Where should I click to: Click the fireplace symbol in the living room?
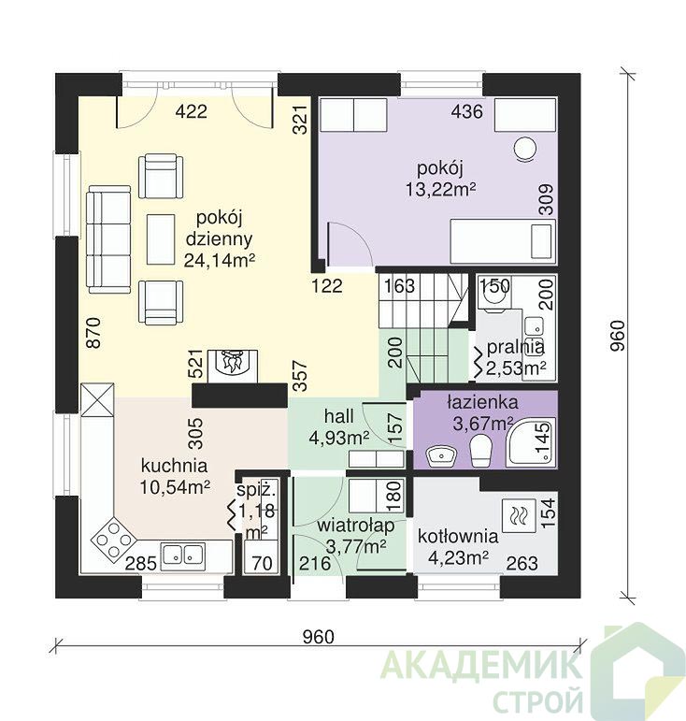click(233, 366)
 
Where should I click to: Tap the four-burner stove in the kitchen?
click(114, 539)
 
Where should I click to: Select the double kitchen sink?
click(182, 554)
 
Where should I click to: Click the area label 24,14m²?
click(220, 260)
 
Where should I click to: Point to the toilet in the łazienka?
click(481, 450)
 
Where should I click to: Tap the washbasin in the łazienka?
click(441, 455)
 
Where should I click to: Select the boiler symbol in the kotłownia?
click(519, 515)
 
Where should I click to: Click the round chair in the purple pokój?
click(525, 149)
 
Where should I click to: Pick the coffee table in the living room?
click(161, 239)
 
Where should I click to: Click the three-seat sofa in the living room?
click(109, 239)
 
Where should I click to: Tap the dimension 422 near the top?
click(192, 111)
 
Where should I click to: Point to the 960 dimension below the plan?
click(319, 637)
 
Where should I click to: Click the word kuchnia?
click(174, 466)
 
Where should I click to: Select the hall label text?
click(339, 416)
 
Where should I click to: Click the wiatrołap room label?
click(356, 526)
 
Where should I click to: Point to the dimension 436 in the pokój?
click(466, 111)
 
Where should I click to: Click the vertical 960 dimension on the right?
click(619, 336)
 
